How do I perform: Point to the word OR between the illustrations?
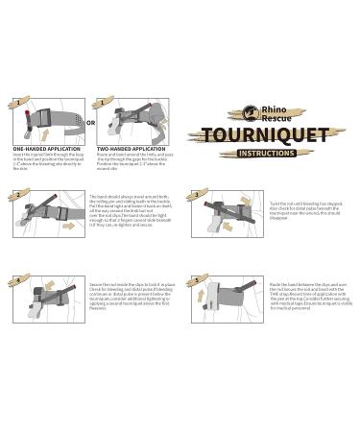(90, 123)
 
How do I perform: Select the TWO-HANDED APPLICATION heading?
(132, 150)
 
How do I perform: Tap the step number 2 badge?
(16, 195)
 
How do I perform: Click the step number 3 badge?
(197, 195)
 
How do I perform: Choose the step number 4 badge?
(16, 280)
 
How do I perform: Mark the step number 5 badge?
(197, 280)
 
